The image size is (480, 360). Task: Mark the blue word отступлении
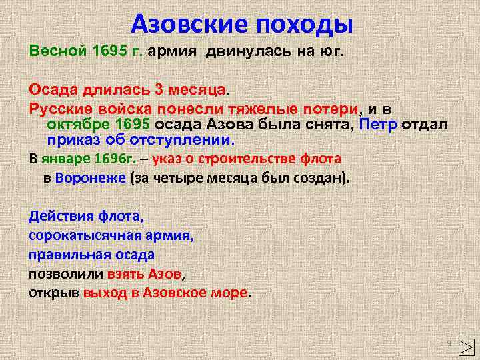(184, 141)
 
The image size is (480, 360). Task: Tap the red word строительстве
(245, 159)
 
